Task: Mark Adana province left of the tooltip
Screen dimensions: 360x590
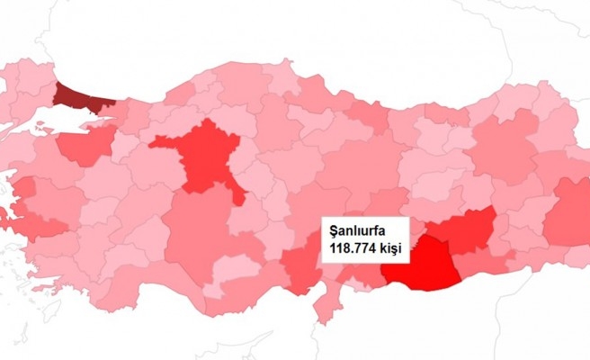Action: (x=301, y=265)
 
